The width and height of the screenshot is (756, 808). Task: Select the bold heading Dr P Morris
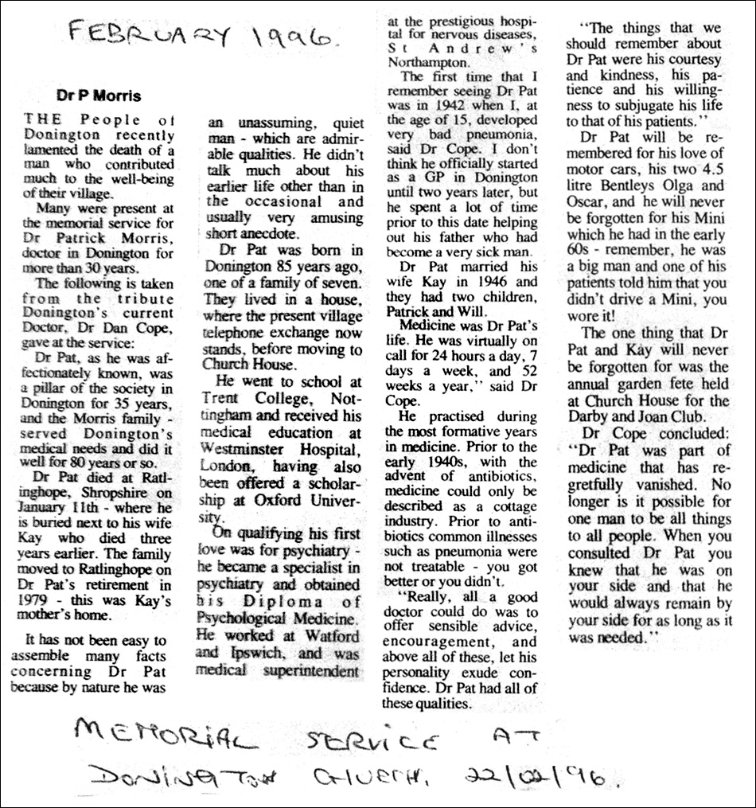(x=98, y=96)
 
